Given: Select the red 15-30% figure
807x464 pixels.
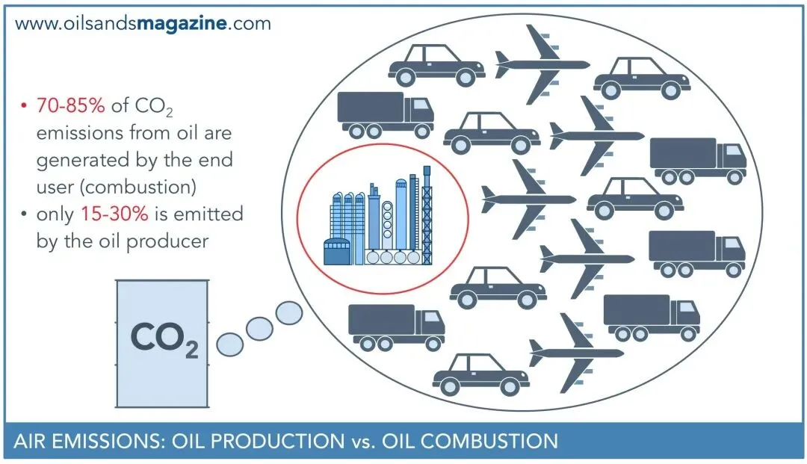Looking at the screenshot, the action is (x=114, y=214).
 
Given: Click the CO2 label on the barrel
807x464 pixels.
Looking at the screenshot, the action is (x=164, y=338).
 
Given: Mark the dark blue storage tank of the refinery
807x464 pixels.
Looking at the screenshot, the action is (x=337, y=252).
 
